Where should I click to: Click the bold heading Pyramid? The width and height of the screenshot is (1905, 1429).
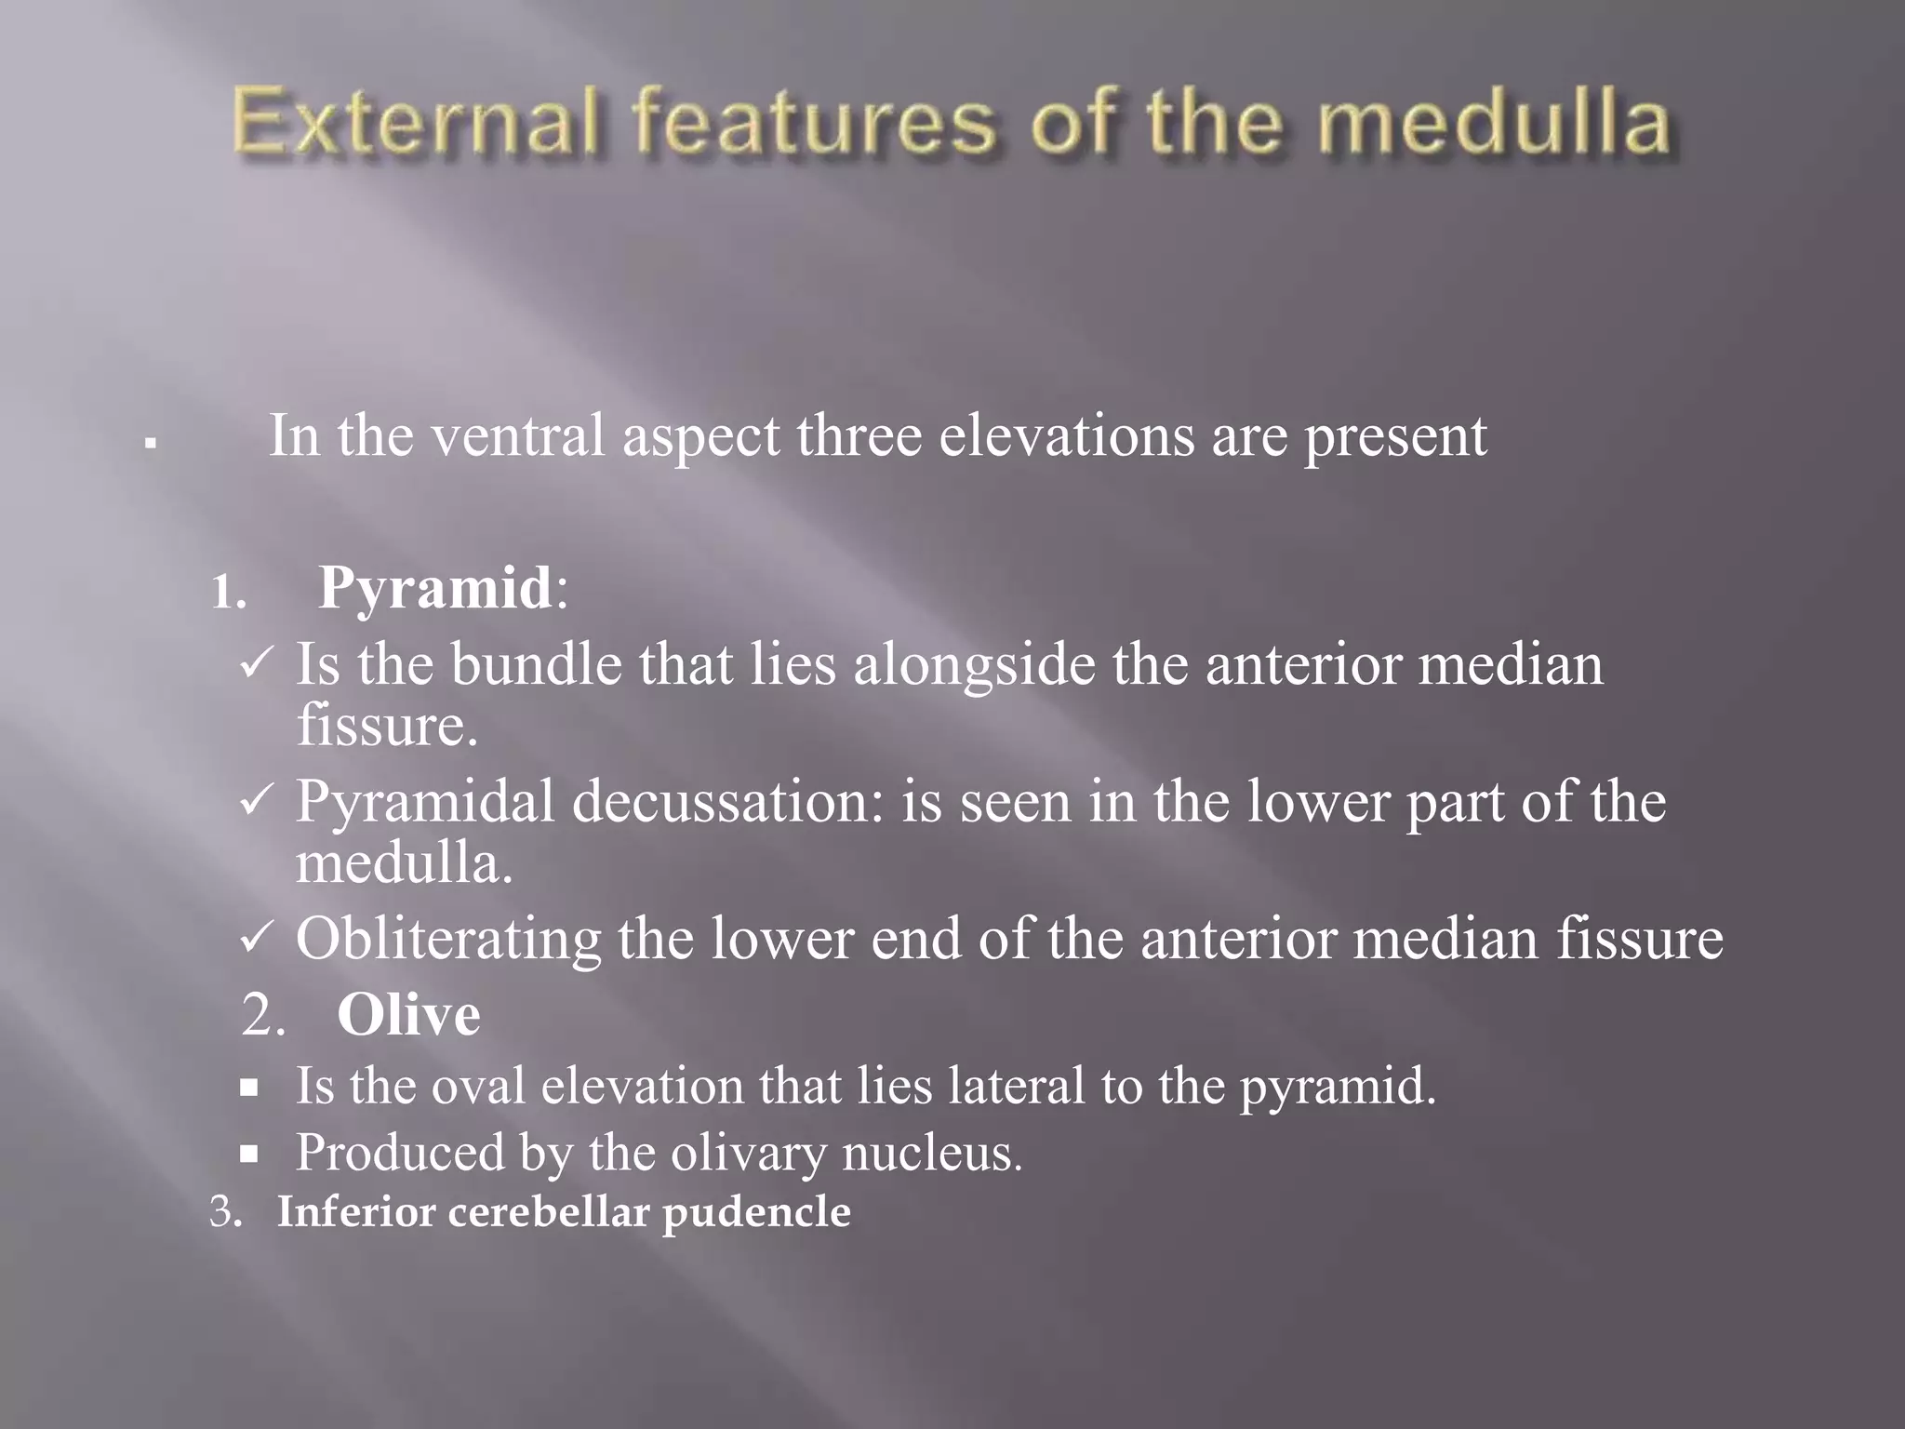click(x=435, y=588)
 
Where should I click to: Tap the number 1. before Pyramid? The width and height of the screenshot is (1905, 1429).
click(x=228, y=592)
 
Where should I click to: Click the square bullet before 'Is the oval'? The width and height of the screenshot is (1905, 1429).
click(x=248, y=1087)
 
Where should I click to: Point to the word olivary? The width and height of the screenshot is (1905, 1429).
click(x=748, y=1154)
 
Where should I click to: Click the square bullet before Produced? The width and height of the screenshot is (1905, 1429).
click(x=248, y=1155)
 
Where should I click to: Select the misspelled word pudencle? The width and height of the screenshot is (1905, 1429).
click(x=756, y=1212)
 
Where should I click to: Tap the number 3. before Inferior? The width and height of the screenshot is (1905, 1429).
click(x=225, y=1212)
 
